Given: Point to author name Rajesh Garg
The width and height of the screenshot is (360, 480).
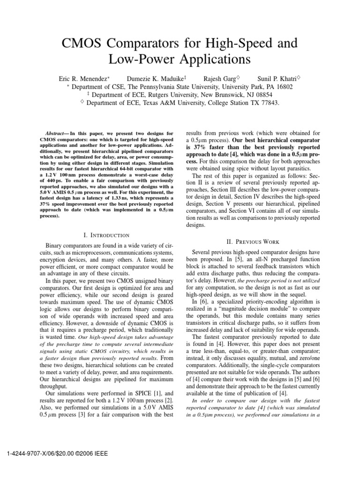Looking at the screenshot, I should (x=221, y=78).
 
